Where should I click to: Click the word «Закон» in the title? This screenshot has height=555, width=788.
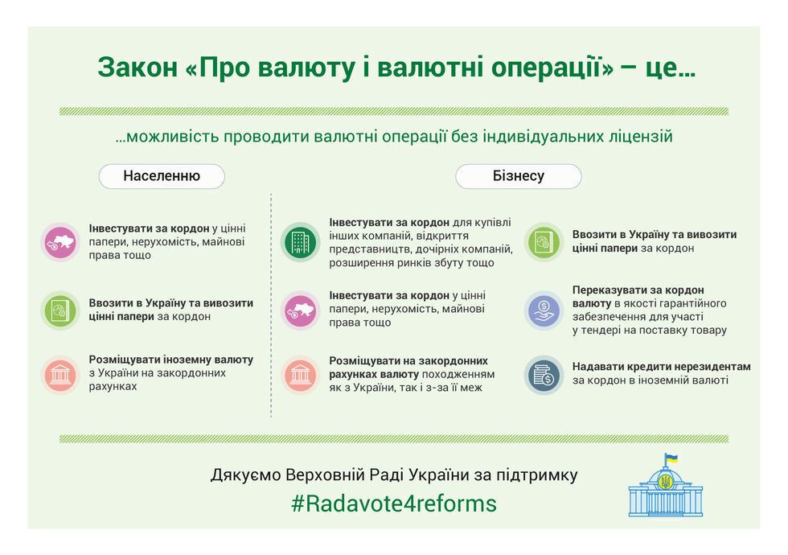[137, 67]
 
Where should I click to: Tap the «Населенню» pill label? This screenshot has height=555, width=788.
[162, 176]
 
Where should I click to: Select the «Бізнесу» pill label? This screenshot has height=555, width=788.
[518, 176]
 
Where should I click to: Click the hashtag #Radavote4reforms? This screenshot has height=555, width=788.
[394, 504]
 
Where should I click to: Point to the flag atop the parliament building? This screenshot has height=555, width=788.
[671, 458]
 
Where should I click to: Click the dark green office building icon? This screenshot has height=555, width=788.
[300, 242]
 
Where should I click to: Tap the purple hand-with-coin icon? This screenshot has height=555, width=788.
[544, 310]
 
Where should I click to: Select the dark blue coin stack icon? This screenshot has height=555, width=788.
[544, 375]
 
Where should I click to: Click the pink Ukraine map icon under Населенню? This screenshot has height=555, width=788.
[60, 242]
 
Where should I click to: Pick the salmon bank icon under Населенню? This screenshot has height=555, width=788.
[60, 375]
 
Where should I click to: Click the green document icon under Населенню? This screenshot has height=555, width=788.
[60, 310]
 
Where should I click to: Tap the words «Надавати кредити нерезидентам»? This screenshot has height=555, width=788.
[661, 367]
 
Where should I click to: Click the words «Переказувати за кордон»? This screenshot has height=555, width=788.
[638, 290]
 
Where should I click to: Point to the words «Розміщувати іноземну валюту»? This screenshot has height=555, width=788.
[170, 360]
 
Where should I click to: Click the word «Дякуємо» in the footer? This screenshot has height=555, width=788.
[246, 475]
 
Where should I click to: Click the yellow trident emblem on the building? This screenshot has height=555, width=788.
[666, 482]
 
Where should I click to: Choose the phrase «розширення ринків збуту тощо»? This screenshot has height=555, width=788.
[412, 263]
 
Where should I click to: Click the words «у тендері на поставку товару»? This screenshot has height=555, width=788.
[650, 331]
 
